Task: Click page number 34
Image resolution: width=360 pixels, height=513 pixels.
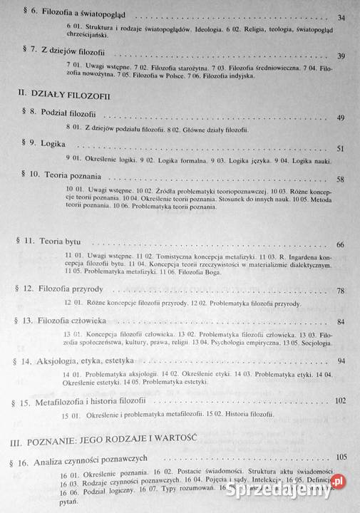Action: point(340,17)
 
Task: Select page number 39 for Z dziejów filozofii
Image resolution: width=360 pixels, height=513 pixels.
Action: point(340,56)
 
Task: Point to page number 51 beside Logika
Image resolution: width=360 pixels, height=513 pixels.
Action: point(340,148)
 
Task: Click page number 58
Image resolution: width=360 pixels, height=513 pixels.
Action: point(340,180)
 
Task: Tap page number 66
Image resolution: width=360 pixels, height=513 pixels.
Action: point(340,245)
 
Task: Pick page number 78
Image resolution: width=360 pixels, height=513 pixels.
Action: point(340,291)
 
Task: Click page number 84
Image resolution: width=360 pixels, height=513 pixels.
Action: point(340,322)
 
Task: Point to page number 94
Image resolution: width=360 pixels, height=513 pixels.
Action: point(341,361)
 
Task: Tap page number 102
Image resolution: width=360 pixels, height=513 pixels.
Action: point(339,400)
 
